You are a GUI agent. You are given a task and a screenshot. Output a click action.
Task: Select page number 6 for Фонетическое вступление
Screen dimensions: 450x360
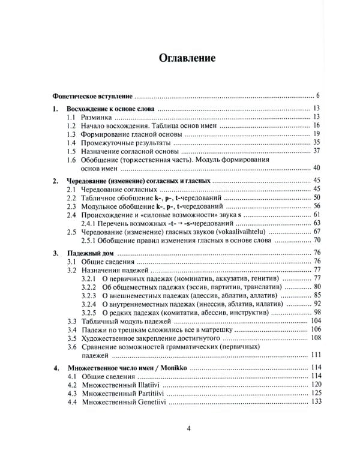point(318,95)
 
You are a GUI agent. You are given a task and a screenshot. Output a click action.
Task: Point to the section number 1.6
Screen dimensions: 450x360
point(71,160)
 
